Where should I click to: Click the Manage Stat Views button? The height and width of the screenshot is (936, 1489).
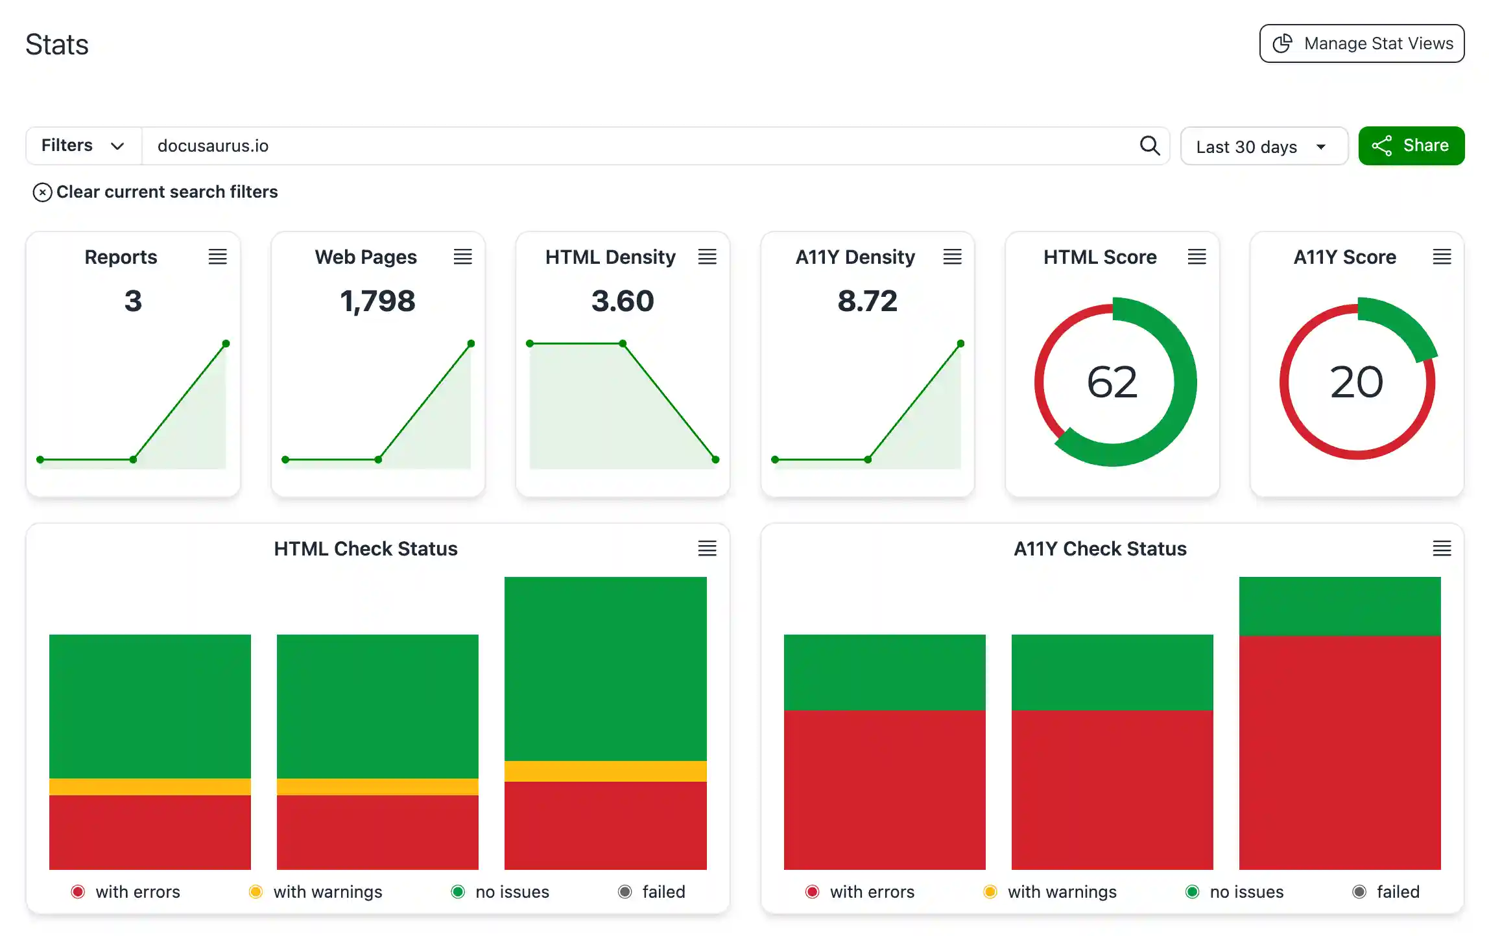point(1361,43)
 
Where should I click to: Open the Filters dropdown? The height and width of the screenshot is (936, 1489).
point(83,146)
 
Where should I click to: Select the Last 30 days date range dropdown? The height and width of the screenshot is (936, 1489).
point(1263,146)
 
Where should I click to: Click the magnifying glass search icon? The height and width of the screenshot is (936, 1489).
point(1149,146)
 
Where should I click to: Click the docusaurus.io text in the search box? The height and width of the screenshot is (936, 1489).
point(213,146)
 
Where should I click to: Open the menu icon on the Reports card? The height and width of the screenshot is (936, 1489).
point(217,257)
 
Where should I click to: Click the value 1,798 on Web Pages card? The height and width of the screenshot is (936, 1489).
point(377,301)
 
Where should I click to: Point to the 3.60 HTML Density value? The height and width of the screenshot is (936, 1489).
point(623,301)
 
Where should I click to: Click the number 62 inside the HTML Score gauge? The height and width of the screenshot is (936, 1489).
point(1112,382)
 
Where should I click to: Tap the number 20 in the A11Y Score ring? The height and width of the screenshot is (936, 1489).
point(1356,382)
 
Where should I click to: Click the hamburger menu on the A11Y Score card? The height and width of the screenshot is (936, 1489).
point(1441,257)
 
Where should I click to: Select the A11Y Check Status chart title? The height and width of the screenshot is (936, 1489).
point(1100,548)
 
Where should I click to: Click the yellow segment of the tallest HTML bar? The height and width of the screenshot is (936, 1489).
point(605,771)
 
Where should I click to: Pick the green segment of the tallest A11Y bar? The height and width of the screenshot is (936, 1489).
point(1339,606)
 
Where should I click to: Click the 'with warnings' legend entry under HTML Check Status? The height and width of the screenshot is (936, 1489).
point(316,892)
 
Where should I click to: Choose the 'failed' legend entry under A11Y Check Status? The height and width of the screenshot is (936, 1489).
point(1387,892)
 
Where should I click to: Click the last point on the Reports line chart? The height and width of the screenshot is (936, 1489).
point(226,344)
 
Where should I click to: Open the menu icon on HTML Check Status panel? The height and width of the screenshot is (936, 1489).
point(707,548)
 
